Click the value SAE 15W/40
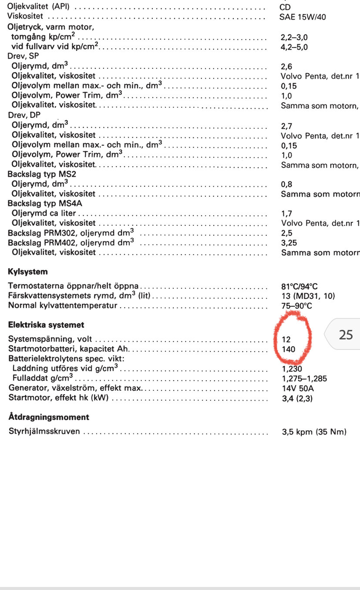point(303,17)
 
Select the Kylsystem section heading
point(28,272)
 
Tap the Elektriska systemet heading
point(46,325)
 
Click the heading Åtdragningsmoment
point(49,417)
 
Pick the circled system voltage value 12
point(286,339)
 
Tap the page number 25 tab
point(346,335)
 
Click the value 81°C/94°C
point(300,286)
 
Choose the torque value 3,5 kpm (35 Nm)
point(314,432)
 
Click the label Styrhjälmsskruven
point(44,432)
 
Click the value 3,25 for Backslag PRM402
point(289,243)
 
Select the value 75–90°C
point(297,305)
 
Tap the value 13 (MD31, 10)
point(308,296)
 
